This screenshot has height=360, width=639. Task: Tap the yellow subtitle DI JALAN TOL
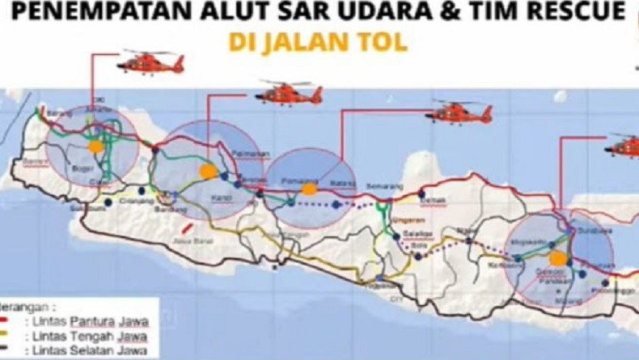tap(317, 43)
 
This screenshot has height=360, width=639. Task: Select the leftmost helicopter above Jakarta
tap(151, 61)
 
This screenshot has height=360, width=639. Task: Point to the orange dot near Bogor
tap(95, 146)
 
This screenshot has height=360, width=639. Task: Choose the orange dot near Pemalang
tap(308, 188)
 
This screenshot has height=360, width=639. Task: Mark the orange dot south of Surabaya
tap(557, 258)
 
